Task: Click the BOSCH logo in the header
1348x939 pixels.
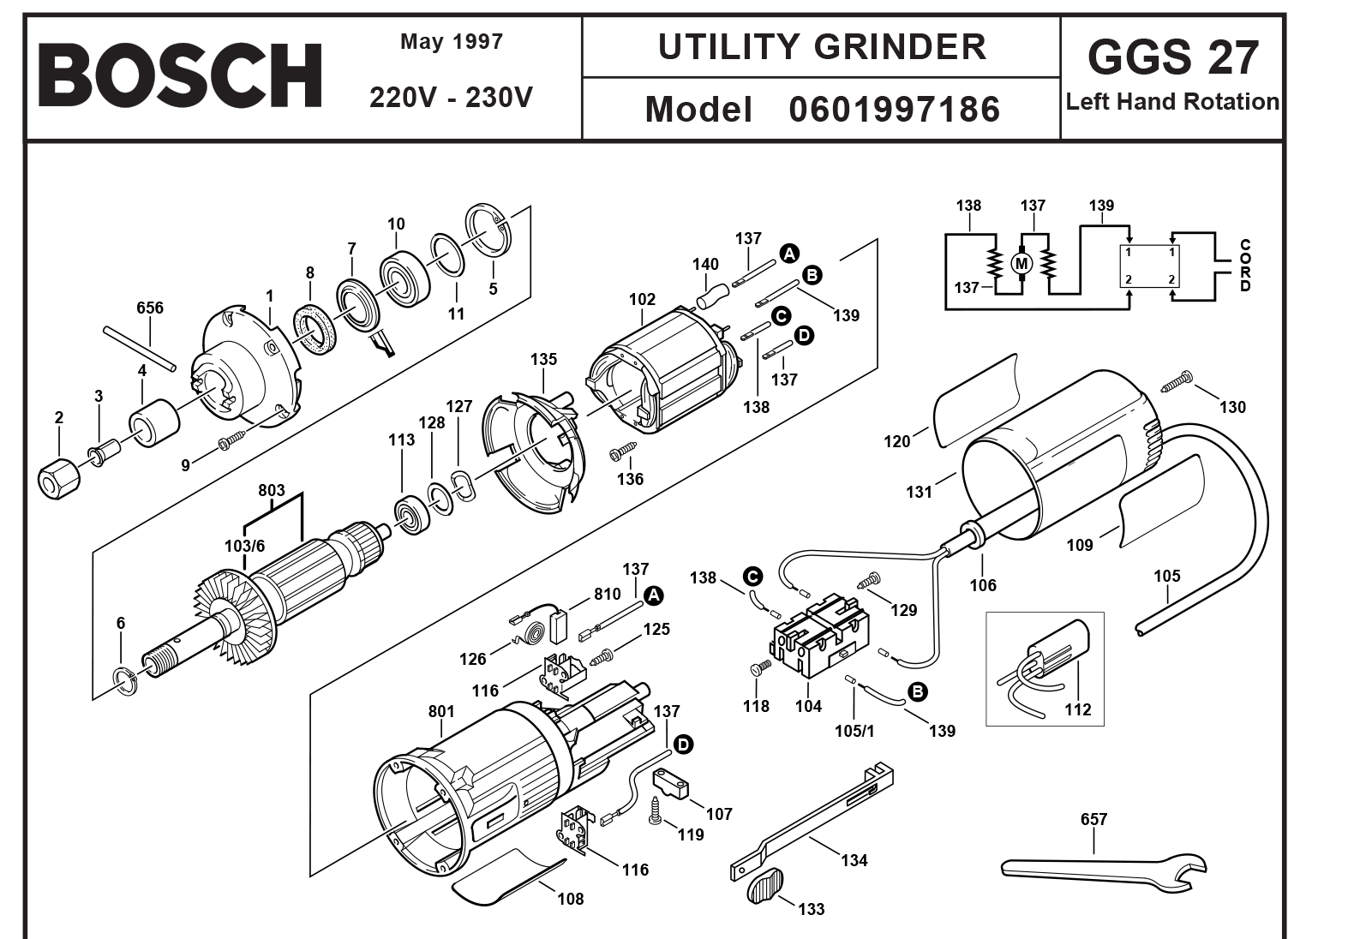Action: coord(180,76)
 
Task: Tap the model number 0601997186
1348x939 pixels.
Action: coord(894,110)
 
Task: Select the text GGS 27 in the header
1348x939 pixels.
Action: coord(1172,57)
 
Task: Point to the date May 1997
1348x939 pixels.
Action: coord(452,42)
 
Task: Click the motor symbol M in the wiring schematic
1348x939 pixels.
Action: coord(1021,263)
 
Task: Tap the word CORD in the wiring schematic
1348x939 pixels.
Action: coord(1244,266)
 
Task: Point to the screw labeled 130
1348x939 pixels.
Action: coord(1176,381)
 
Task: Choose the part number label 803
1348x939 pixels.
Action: coord(272,491)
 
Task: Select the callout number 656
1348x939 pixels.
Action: coord(150,308)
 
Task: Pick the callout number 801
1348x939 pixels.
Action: coord(441,711)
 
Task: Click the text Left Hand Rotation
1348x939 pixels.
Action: coord(1172,102)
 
